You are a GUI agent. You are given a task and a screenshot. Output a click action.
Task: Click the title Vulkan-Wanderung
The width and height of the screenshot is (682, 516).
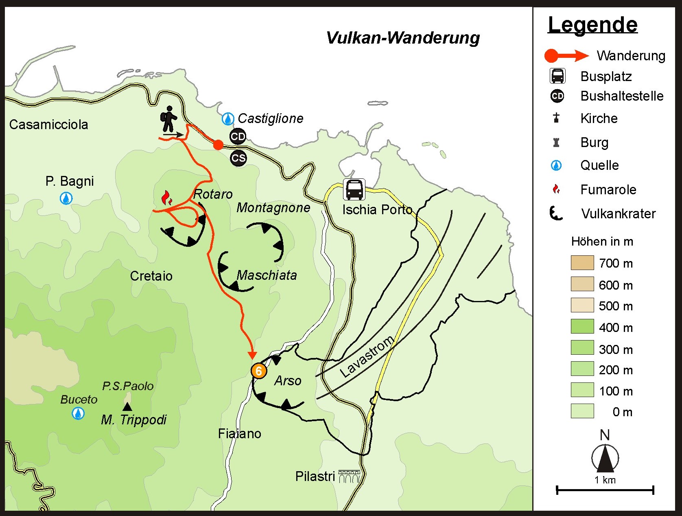(x=403, y=38)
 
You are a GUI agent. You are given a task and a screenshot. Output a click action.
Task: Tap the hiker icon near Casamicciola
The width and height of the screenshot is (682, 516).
(x=169, y=119)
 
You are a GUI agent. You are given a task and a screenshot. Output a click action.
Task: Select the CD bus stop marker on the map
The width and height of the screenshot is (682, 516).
(x=238, y=136)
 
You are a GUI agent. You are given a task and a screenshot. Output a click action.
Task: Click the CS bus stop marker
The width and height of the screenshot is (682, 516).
(x=238, y=158)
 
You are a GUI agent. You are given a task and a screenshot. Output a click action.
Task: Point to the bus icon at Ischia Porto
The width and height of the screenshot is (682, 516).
(x=354, y=189)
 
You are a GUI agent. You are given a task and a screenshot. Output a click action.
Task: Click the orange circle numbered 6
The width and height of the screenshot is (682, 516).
(x=258, y=371)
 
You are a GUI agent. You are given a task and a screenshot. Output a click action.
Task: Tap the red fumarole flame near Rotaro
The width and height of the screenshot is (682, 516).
(x=167, y=198)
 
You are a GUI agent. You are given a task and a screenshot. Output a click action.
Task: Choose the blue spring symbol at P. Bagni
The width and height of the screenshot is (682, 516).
(x=66, y=198)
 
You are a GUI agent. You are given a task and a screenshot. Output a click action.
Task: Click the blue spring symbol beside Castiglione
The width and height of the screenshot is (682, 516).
(x=227, y=119)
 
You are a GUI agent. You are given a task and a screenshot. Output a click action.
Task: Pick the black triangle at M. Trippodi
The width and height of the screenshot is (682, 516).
(x=127, y=406)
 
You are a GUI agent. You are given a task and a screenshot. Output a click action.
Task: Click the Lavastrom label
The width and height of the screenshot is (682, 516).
(x=367, y=357)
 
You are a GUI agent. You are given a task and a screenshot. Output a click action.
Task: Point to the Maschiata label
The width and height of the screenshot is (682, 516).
(x=267, y=275)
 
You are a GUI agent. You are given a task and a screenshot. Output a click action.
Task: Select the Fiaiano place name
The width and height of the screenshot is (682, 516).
(x=239, y=434)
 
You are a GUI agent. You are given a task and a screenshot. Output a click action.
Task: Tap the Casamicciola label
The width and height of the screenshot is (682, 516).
(x=48, y=125)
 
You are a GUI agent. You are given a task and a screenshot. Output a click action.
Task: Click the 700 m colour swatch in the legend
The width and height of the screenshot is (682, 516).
(x=582, y=263)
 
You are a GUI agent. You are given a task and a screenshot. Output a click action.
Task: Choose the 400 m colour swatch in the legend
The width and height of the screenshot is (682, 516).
(x=582, y=327)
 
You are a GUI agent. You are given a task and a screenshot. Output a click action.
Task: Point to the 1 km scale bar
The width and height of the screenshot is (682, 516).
(x=605, y=490)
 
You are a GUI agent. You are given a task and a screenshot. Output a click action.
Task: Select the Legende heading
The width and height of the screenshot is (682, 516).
(x=592, y=25)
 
